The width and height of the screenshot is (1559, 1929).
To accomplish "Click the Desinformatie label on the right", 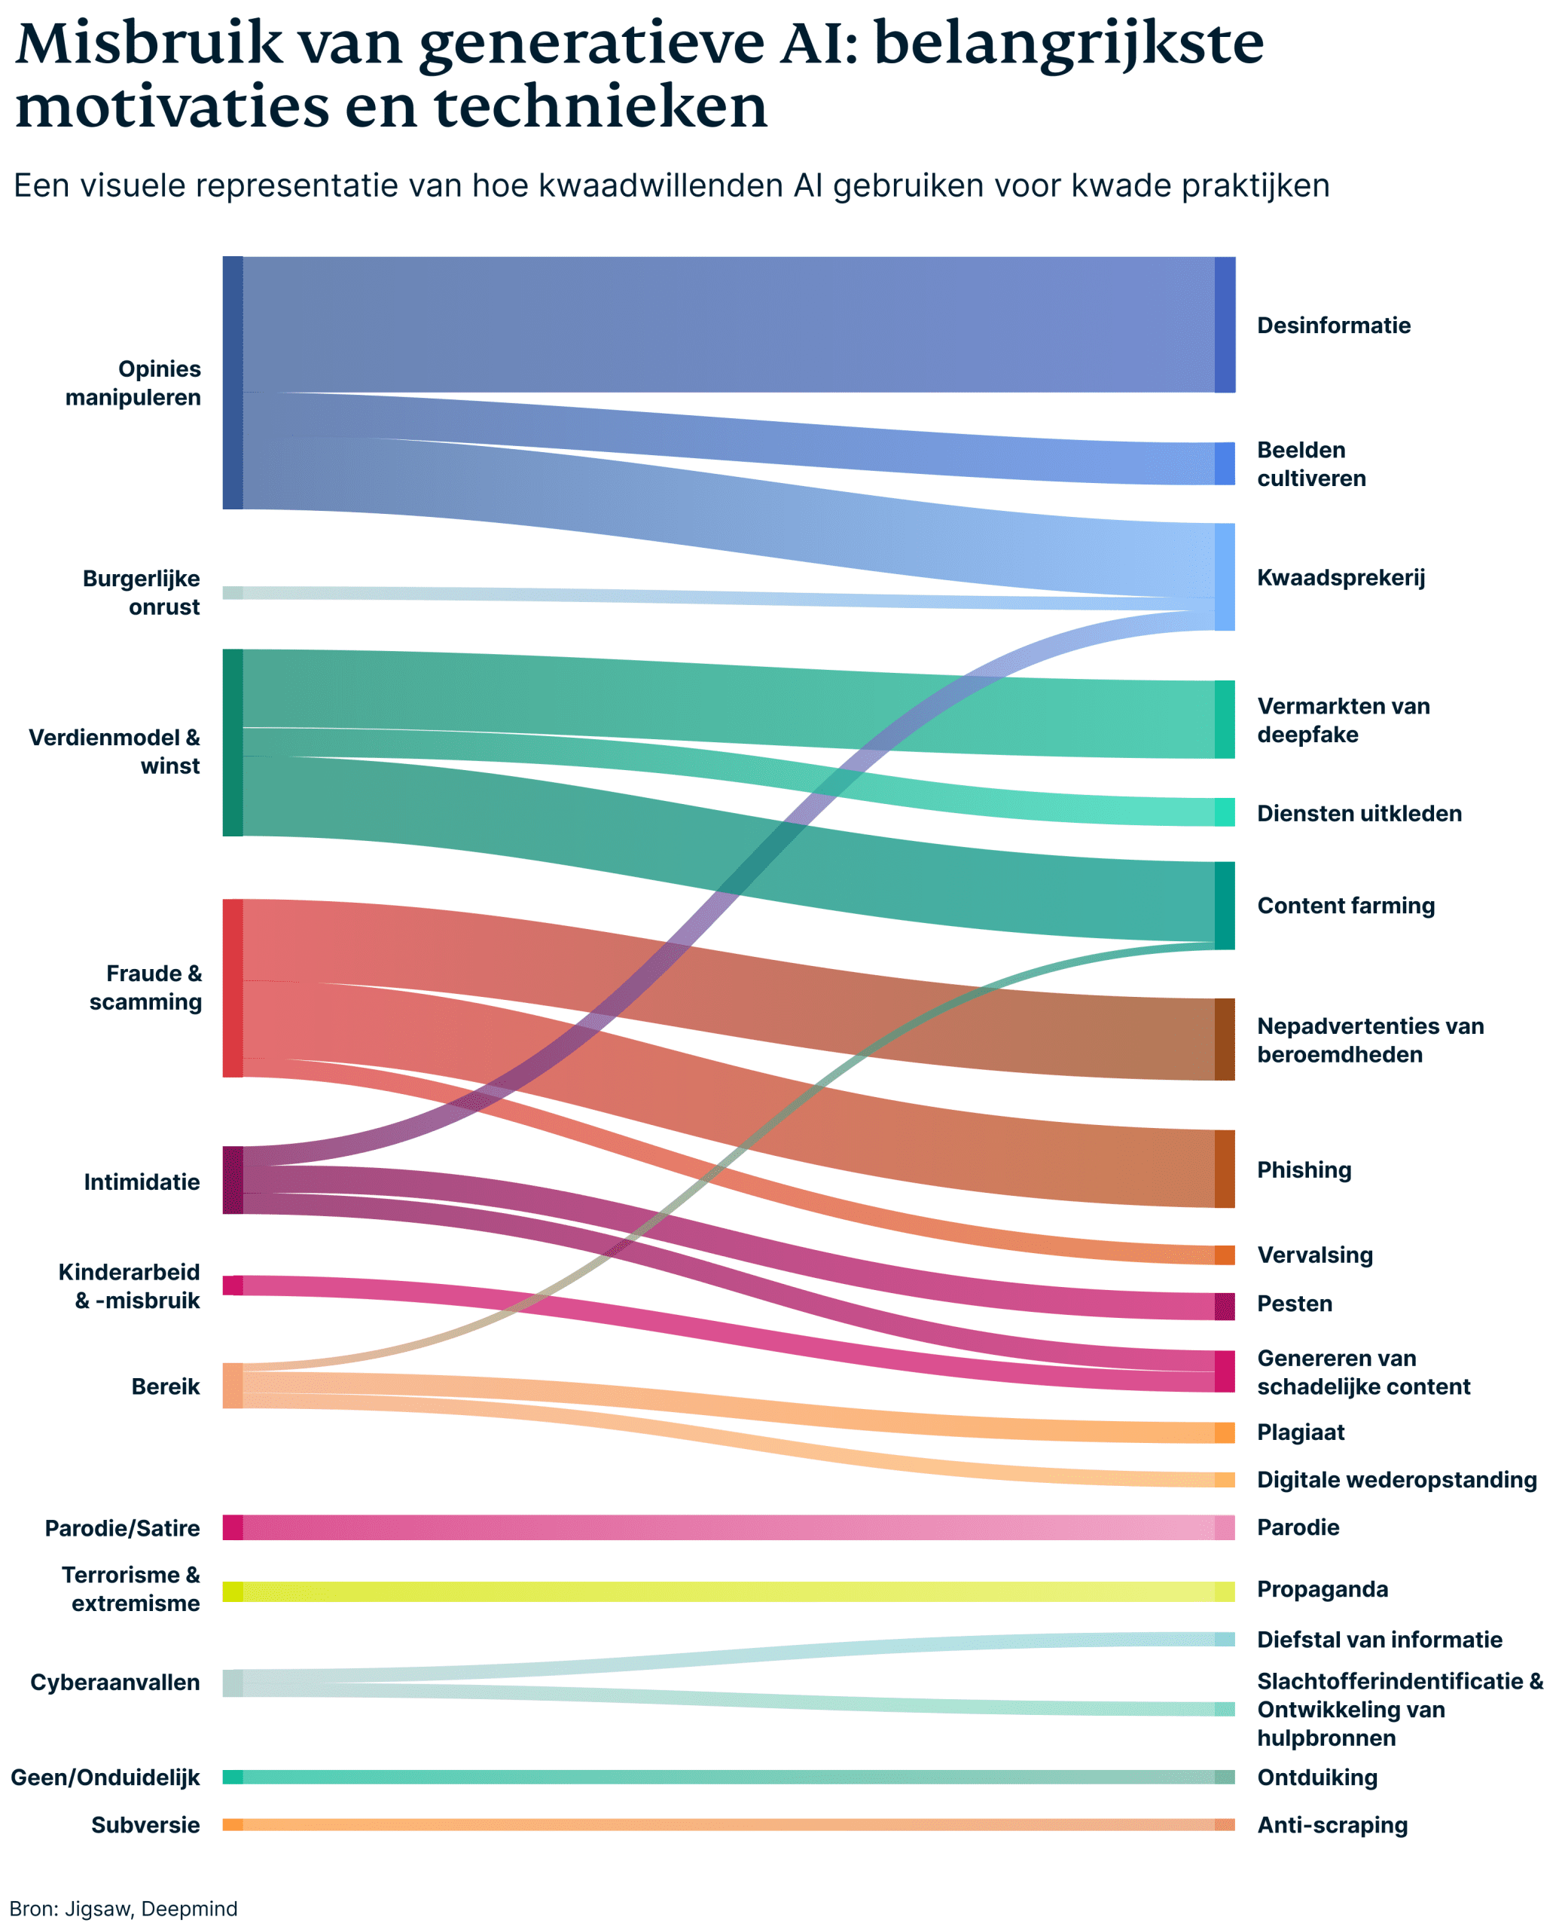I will point(1333,326).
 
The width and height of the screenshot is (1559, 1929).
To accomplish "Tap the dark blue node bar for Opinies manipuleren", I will point(233,383).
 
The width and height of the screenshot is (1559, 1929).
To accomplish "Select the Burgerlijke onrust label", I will point(141,592).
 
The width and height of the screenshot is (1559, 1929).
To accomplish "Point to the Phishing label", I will point(1303,1169).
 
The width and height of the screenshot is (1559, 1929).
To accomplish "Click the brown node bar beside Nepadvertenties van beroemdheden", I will point(1224,1040).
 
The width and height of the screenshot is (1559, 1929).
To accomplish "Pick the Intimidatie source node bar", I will point(233,1180).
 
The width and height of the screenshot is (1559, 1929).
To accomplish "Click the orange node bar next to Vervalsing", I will point(1224,1255).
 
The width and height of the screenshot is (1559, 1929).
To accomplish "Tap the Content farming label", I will point(1345,906).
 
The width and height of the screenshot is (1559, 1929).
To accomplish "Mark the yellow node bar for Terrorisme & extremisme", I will point(233,1591).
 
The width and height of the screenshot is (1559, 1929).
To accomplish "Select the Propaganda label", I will point(1322,1589).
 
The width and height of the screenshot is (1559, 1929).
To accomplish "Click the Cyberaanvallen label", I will point(115,1683).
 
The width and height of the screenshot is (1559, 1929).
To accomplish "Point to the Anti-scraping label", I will point(1332,1825).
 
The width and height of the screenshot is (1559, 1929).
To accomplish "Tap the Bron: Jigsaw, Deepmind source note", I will point(124,1909).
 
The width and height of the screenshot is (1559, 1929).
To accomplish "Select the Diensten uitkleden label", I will point(1359,813).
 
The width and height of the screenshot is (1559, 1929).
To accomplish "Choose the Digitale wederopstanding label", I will point(1396,1480).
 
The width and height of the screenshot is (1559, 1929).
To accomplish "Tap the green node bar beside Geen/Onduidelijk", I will point(233,1777).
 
